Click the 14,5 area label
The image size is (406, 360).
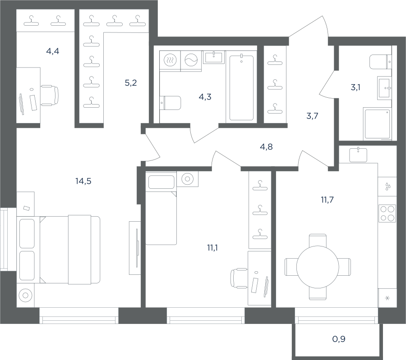tap(83, 181)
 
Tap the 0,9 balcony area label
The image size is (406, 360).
tap(339, 339)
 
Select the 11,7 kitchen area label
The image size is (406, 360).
tap(328, 200)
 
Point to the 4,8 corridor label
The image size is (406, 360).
tap(266, 147)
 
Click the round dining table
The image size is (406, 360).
tap(318, 267)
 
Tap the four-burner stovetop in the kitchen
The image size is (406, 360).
tap(387, 214)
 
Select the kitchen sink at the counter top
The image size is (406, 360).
tap(358, 155)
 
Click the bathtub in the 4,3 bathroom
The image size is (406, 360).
tap(241, 87)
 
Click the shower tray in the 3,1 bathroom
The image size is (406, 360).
tap(377, 124)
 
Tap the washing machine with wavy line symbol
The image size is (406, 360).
tap(191, 60)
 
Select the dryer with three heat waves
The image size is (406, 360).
tap(170, 60)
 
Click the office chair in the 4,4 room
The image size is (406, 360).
tap(50, 96)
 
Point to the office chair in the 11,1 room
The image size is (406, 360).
tap(239, 278)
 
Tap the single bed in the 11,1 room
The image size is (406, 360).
tap(161, 208)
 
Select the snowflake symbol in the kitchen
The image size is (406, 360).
tap(388, 298)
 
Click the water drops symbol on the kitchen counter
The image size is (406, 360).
tap(388, 186)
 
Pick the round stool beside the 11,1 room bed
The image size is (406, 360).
tap(188, 179)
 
